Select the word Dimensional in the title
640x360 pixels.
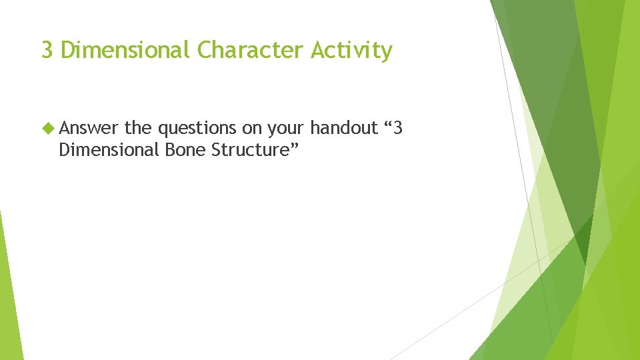click(125, 50)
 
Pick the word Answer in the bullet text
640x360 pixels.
click(89, 128)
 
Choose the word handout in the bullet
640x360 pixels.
click(344, 127)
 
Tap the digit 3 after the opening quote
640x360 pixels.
click(399, 127)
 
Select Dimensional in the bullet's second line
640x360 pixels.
click(107, 150)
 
